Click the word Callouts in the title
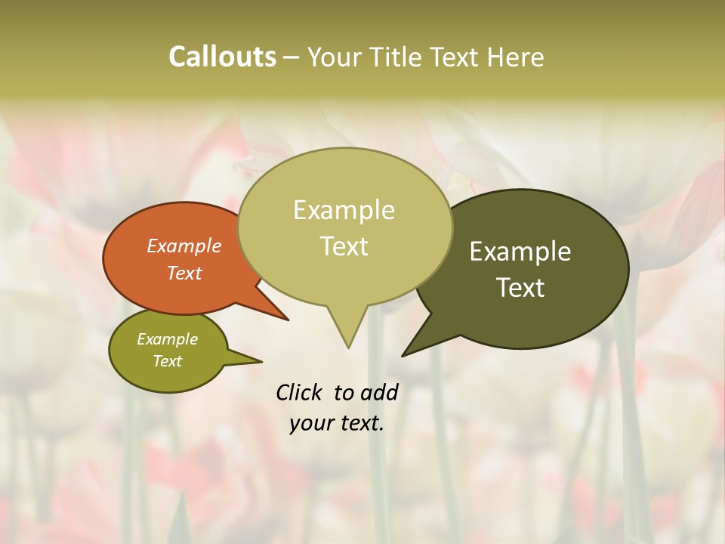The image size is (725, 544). pyautogui.click(x=222, y=57)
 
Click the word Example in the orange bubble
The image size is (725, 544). pyautogui.click(x=184, y=246)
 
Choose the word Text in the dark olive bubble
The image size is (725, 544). pyautogui.click(x=520, y=287)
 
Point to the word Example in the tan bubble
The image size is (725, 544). pyautogui.click(x=344, y=210)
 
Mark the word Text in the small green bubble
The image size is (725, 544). pyautogui.click(x=168, y=361)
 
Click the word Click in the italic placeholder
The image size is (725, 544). pyautogui.click(x=299, y=392)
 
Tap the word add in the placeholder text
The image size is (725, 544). pyautogui.click(x=378, y=392)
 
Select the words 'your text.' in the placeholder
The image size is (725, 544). pyautogui.click(x=336, y=423)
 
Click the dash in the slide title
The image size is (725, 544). pyautogui.click(x=292, y=57)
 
